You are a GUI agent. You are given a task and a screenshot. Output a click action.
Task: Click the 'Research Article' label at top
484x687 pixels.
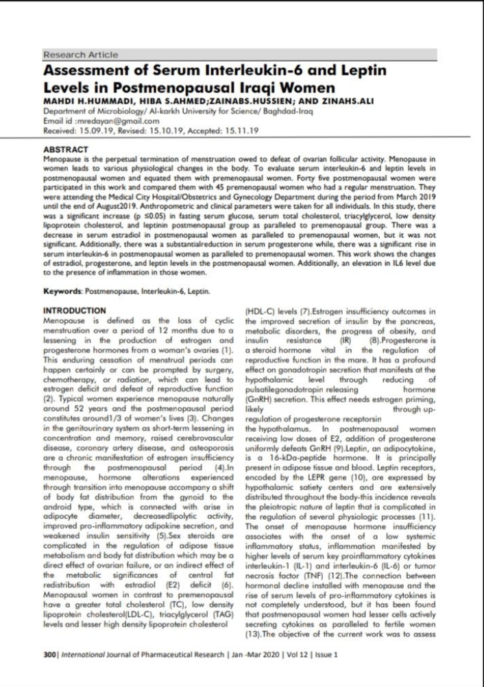coord(80,54)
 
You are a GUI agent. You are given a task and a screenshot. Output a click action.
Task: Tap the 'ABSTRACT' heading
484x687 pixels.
coord(66,148)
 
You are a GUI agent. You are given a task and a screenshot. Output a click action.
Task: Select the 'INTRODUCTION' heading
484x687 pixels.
coord(74,311)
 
